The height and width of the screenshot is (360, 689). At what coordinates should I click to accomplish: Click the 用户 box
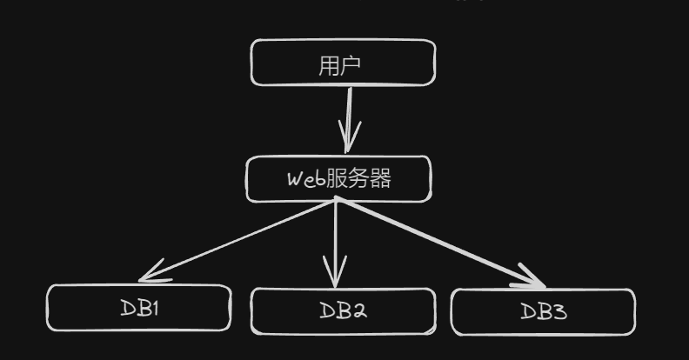pos(343,63)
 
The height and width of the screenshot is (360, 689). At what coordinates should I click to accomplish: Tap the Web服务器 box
pos(338,179)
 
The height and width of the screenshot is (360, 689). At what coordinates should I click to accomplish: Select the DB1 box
pos(139,308)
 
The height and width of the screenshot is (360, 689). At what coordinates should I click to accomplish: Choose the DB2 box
pos(343,311)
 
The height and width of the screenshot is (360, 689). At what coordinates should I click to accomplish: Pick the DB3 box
pos(543,311)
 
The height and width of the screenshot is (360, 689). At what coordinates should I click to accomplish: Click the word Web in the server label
pos(306,180)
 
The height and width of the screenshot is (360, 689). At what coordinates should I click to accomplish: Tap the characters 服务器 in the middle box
pos(358,179)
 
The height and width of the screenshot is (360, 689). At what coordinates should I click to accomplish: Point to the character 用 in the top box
pos(330,64)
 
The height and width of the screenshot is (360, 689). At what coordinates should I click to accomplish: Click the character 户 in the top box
pos(354,64)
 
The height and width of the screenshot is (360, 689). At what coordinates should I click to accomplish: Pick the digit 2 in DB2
pos(357,311)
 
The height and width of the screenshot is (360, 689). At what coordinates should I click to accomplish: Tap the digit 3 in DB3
pos(559,311)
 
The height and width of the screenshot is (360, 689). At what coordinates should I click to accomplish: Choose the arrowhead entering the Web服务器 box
pos(350,143)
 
